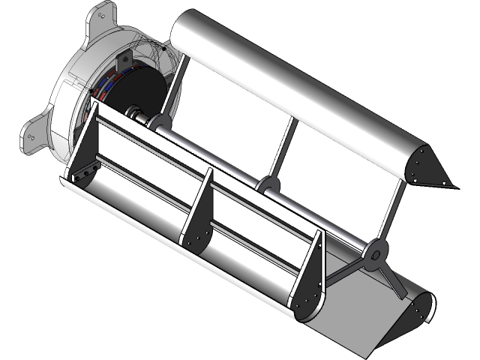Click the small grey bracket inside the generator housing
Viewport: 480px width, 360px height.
161,49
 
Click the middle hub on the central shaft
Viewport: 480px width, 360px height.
265,184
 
